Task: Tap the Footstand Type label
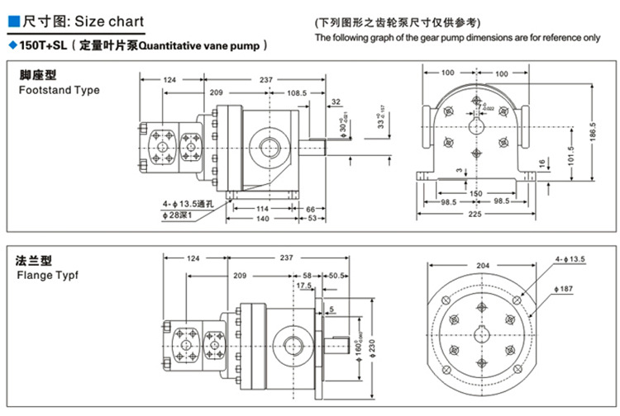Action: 59,90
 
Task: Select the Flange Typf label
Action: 49,277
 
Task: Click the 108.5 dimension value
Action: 298,94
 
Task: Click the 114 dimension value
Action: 262,208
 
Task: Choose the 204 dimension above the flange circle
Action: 483,266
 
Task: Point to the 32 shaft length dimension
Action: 336,102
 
